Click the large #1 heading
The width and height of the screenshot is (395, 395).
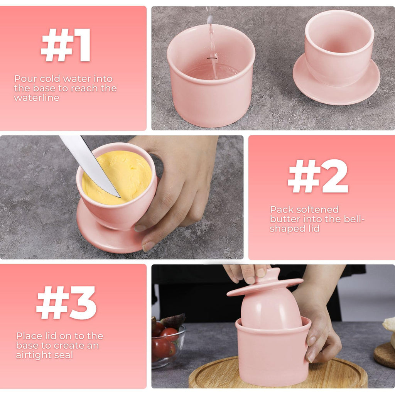point(66,45)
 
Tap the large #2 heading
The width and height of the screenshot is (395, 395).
point(318,176)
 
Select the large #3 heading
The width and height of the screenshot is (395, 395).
point(66,303)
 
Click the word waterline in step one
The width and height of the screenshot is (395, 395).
point(37,98)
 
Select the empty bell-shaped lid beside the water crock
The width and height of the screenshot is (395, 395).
point(337,57)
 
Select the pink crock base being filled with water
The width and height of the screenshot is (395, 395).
point(211,76)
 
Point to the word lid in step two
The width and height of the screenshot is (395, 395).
point(314,228)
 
